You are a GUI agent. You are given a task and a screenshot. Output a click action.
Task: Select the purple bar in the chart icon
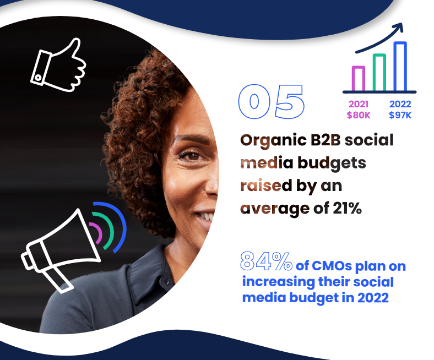point(359,78)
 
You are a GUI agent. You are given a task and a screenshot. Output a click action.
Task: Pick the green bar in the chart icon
point(379,72)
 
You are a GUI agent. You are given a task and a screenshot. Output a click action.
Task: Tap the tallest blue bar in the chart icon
point(400,66)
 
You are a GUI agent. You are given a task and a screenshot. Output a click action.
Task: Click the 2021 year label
point(359,104)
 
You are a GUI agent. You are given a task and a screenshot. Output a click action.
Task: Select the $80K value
point(359,115)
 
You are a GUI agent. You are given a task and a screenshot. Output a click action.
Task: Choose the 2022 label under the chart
point(400,104)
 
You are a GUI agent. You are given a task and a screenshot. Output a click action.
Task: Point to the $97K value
point(400,115)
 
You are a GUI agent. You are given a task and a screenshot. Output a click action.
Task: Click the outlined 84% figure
point(266,263)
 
